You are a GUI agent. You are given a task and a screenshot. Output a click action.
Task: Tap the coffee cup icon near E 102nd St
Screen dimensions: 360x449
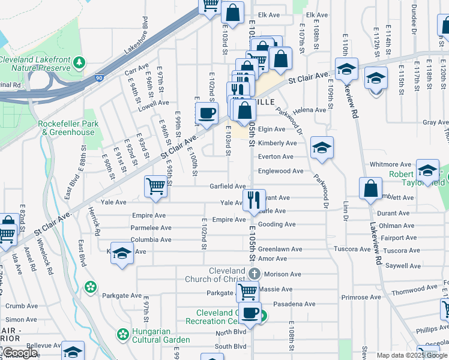(x=207, y=113)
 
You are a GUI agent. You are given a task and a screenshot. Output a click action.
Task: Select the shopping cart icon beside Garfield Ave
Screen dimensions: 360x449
(x=155, y=187)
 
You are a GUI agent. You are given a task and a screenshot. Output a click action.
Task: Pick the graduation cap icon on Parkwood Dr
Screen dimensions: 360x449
(x=322, y=148)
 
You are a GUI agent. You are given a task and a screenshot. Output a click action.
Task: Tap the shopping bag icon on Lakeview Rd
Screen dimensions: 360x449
(x=371, y=188)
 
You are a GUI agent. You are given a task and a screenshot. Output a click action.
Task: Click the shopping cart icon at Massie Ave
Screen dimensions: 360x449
(x=247, y=292)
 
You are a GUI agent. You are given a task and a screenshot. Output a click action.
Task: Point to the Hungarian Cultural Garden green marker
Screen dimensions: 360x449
(x=123, y=334)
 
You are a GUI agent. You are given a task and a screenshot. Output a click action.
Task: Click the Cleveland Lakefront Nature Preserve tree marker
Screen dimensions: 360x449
(x=78, y=62)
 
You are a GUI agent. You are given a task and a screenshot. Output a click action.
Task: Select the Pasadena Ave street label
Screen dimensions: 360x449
(x=294, y=304)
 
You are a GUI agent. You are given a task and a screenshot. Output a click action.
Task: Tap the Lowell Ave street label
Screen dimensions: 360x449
(x=153, y=103)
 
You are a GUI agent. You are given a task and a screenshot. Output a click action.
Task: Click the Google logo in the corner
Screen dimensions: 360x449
(x=19, y=353)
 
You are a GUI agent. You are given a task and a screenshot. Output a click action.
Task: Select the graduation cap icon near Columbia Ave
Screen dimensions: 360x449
(x=122, y=254)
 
